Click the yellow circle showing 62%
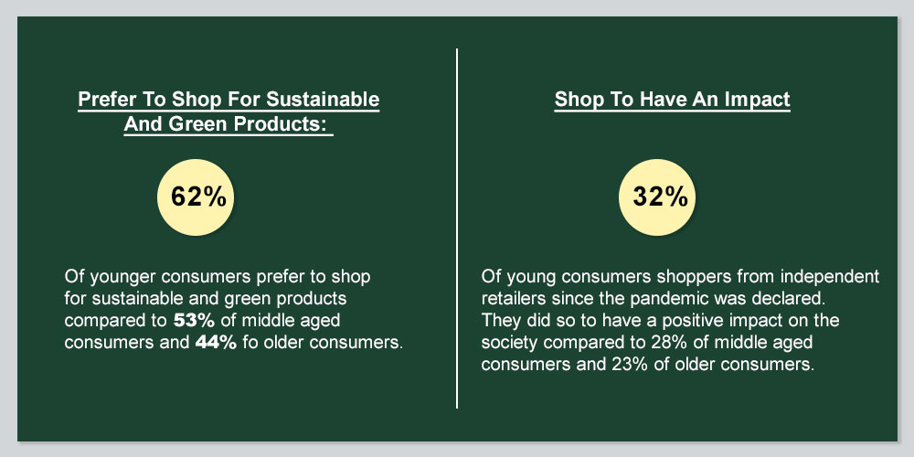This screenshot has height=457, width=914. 196,197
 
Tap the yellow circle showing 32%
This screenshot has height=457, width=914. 657,197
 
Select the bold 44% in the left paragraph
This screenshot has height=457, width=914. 216,343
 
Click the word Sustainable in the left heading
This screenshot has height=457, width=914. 323,99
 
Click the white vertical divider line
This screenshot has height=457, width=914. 457,228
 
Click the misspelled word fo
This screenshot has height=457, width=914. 250,343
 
